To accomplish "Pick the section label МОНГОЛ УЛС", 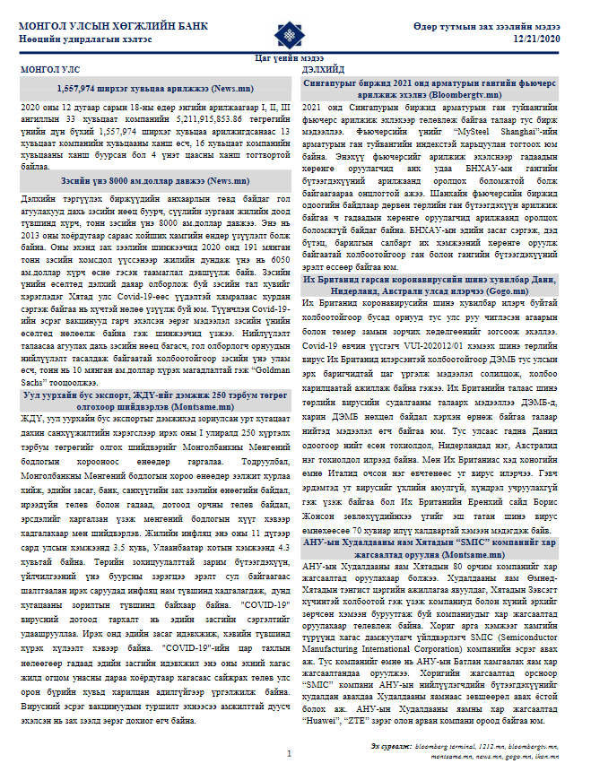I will (50, 69).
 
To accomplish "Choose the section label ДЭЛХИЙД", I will (324, 69).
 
